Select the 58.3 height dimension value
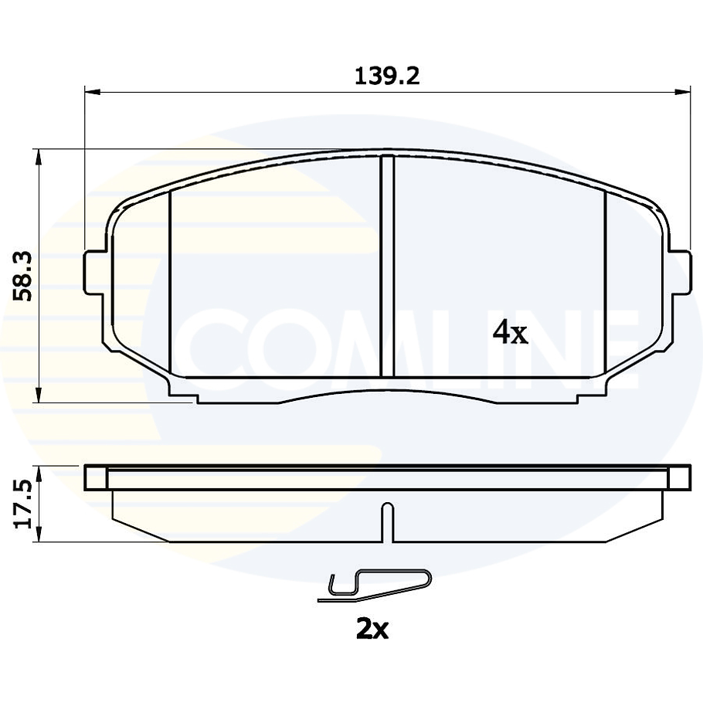pyautogui.click(x=24, y=276)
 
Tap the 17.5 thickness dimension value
pyautogui.click(x=22, y=504)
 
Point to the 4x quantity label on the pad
pyautogui.click(x=510, y=333)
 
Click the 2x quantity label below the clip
pyautogui.click(x=372, y=630)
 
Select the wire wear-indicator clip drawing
pyautogui.click(x=375, y=585)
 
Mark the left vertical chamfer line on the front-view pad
pyautogui.click(x=169, y=286)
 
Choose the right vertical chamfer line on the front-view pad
pyautogui.click(x=606, y=286)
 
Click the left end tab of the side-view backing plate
pyautogui.click(x=95, y=478)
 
